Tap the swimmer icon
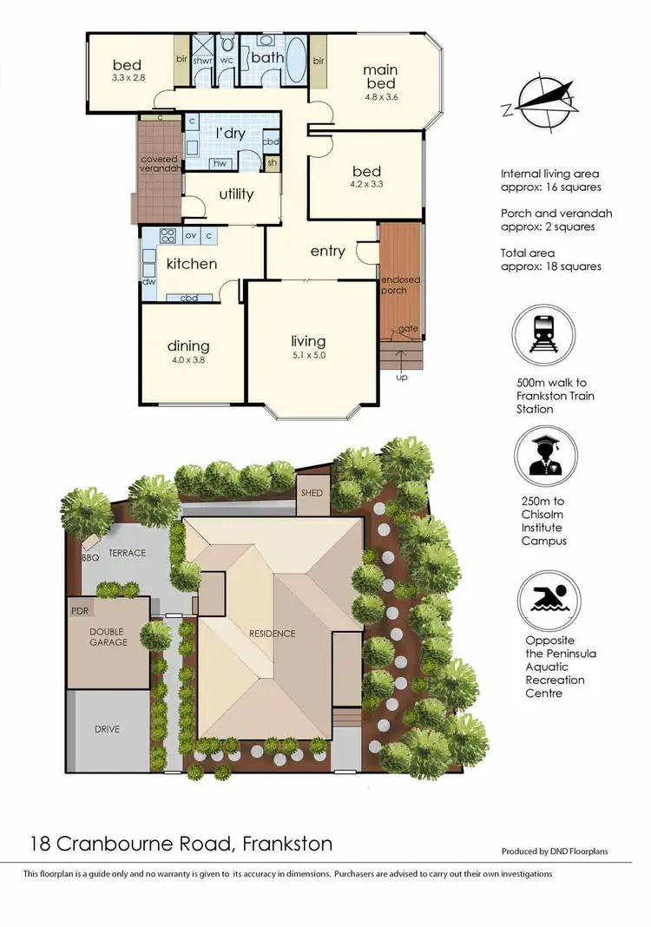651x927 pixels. [543, 598]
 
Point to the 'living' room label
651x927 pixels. [308, 341]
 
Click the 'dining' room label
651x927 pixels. [188, 345]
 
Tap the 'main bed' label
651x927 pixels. [380, 76]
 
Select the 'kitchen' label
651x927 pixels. [192, 263]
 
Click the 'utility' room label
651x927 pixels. [236, 194]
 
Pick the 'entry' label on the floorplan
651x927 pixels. [327, 251]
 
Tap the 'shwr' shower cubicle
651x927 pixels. [203, 60]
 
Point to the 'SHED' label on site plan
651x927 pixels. [312, 493]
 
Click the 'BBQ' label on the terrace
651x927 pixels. [90, 558]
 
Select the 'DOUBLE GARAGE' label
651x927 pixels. [108, 636]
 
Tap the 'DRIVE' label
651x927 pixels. [107, 728]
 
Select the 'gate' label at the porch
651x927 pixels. [404, 330]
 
